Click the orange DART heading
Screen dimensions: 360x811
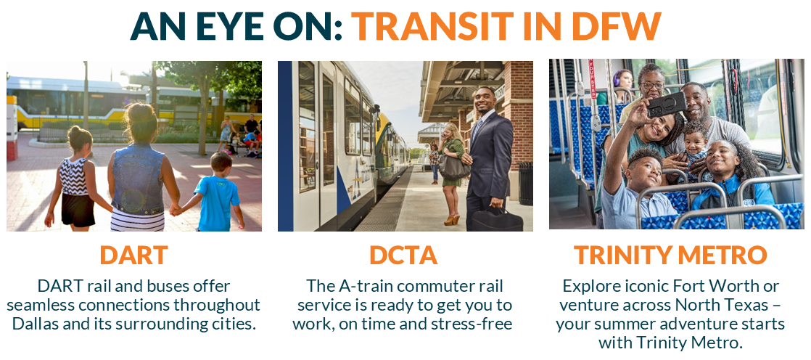[x=133, y=255]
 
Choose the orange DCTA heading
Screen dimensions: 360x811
[x=404, y=255]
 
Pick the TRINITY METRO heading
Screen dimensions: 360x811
[x=670, y=255]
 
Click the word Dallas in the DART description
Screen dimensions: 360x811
[x=39, y=324]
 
